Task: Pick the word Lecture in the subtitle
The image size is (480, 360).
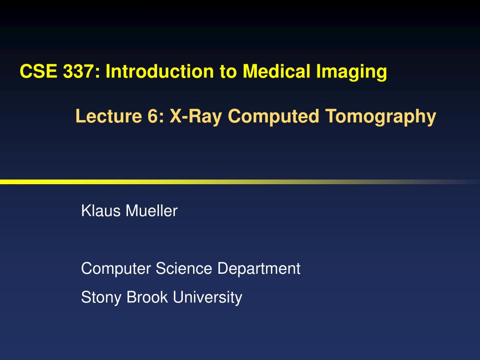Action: coord(104,116)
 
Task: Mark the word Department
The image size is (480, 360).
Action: coord(259,269)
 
